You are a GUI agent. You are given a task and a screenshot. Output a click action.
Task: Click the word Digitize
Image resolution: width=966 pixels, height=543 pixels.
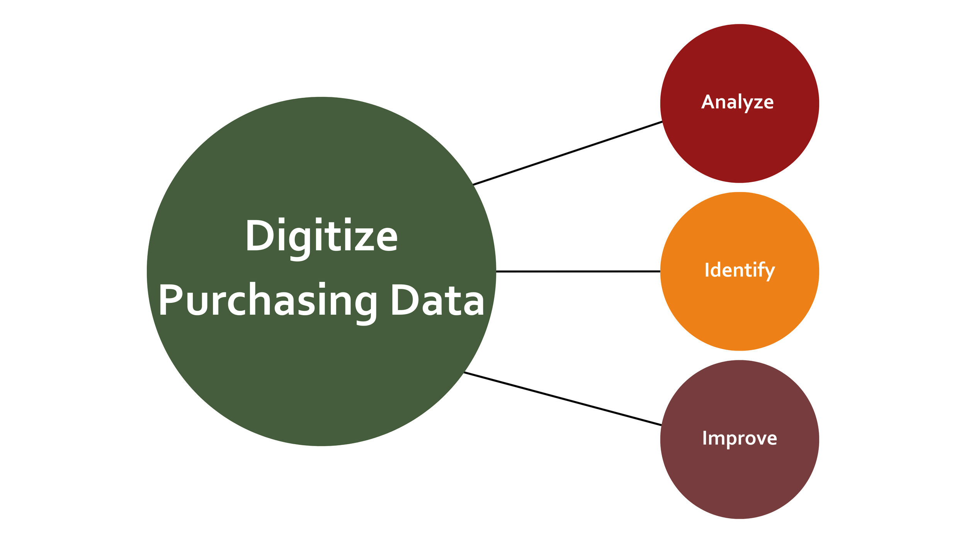(x=321, y=236)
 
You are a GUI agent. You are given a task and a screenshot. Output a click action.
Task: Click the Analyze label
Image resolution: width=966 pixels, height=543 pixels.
(x=737, y=102)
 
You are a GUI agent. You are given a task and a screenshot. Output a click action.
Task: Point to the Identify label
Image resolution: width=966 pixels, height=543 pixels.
(x=740, y=270)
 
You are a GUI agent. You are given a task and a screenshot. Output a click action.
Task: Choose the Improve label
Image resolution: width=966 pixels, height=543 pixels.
(x=740, y=438)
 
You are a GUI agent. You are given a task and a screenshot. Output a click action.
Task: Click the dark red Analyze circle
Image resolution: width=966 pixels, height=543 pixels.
(x=740, y=147)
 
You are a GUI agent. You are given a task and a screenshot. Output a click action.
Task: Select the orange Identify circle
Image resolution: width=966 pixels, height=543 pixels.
(x=740, y=313)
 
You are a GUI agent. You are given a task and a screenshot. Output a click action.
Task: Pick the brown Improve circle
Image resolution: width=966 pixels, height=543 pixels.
(x=740, y=483)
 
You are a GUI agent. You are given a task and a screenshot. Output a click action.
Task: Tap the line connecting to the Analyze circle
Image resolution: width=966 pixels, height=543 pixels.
(x=568, y=153)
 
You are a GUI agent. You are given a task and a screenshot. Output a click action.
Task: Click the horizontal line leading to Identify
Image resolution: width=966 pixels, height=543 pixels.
(x=578, y=271)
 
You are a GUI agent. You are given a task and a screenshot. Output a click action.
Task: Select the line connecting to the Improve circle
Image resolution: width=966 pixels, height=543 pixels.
(x=562, y=399)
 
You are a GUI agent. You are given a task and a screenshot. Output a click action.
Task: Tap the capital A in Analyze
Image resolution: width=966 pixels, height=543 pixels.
(x=708, y=102)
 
